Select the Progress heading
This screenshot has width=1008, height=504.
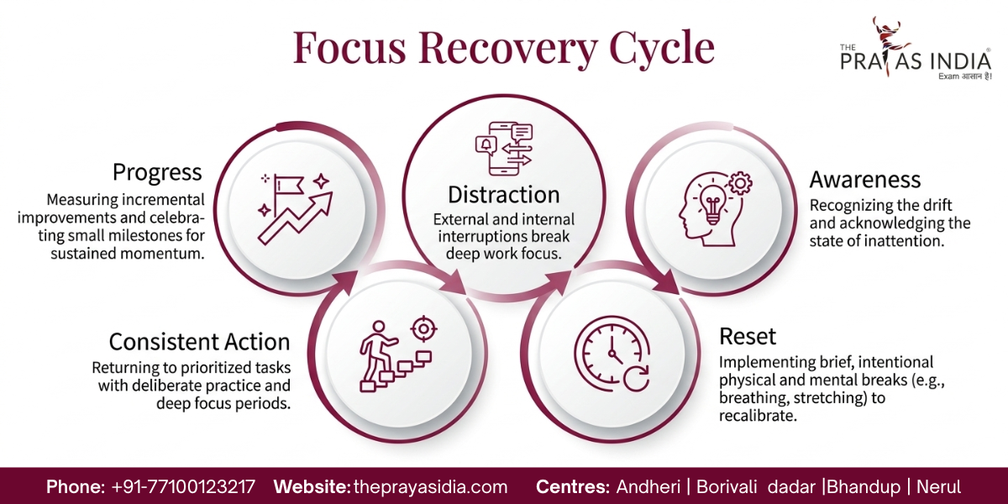coord(157,173)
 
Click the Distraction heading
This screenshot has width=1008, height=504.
coord(503,195)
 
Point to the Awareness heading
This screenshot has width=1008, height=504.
coord(865,180)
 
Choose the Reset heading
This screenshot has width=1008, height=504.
coord(748,336)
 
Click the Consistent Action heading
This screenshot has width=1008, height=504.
coord(199,342)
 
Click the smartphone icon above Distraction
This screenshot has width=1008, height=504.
coord(502,149)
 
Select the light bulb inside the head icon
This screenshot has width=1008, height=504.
coord(713,205)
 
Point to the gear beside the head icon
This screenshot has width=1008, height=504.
coord(740,183)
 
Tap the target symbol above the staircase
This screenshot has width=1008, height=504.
coord(423,328)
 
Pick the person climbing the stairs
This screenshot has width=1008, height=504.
coord(377,350)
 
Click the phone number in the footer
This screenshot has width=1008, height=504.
coord(183,487)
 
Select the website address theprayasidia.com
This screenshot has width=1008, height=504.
coord(431,487)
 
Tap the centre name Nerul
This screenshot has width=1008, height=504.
coord(939,487)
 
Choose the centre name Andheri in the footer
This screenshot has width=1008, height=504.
coord(648,487)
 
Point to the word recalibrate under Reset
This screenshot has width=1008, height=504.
coord(758,415)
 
